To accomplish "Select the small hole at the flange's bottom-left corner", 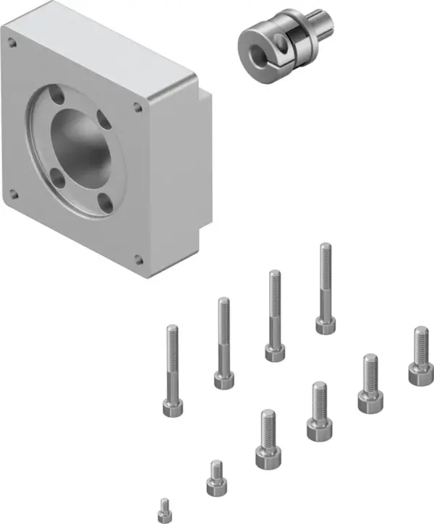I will tap(12, 193).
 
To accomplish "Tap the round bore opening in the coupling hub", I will tap(255, 48).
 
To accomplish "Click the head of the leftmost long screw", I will tap(173, 408).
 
